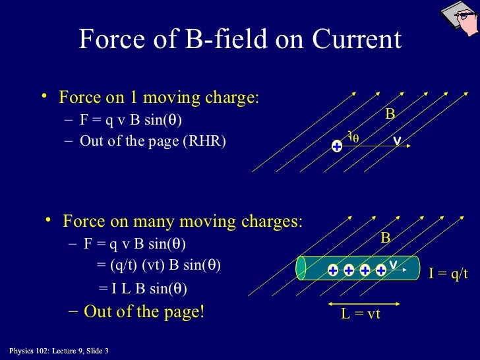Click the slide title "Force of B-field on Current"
point(239,40)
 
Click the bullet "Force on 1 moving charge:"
point(158,98)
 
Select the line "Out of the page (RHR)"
point(152,141)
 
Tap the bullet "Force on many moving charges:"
point(182,221)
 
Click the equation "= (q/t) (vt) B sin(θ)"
point(158,265)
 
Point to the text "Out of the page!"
point(144,311)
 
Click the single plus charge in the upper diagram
point(337,146)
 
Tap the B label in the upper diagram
point(390,115)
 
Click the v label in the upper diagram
point(397,140)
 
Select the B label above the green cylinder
point(386,238)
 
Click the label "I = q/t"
point(448,274)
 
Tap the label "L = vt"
point(361,315)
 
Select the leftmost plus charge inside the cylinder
point(333,270)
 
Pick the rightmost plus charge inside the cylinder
point(380,270)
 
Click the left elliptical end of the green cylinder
point(301,268)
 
